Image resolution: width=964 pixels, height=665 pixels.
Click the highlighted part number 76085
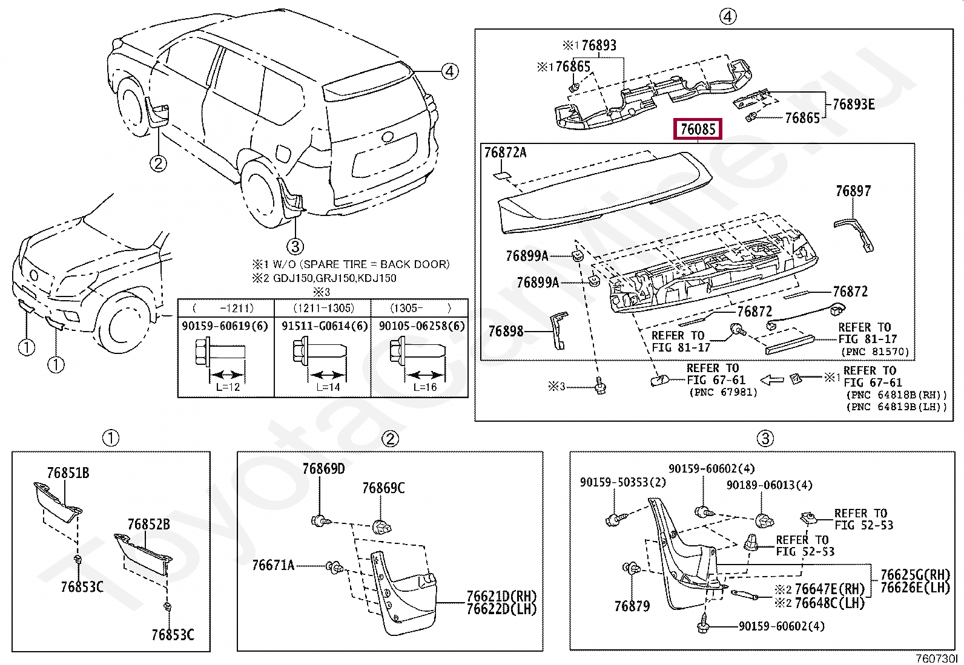(x=698, y=129)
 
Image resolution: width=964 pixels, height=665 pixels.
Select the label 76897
(x=853, y=191)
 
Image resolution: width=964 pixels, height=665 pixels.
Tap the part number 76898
(x=506, y=331)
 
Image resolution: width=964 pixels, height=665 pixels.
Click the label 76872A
(x=505, y=152)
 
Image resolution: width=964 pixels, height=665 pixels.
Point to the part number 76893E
(x=853, y=105)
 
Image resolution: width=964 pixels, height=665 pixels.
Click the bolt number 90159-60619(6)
(x=225, y=326)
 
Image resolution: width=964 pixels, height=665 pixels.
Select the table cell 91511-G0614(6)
(x=324, y=326)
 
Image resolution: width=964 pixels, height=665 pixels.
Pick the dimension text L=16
(x=424, y=387)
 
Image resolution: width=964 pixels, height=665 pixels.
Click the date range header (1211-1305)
(x=323, y=308)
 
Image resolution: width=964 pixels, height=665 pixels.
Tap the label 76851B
(x=68, y=473)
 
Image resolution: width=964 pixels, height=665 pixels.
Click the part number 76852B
(x=148, y=524)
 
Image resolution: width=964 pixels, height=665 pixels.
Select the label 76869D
(x=323, y=469)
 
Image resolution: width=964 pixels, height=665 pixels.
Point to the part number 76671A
(x=273, y=565)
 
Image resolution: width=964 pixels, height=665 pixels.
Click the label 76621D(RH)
(x=501, y=597)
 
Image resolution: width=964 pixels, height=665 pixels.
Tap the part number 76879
(x=632, y=606)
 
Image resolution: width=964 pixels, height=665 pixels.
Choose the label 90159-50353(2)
(x=622, y=482)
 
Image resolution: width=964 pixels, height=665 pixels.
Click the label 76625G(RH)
(x=915, y=575)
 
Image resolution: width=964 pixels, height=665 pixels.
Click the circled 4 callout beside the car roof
(x=449, y=71)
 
